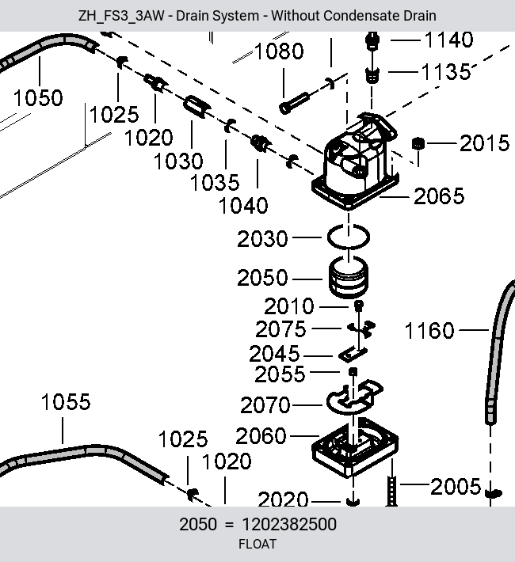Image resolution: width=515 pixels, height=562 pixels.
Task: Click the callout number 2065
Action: [x=439, y=196]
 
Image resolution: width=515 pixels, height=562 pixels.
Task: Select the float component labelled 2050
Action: [x=348, y=278]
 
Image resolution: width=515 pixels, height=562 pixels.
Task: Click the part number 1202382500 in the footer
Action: [x=289, y=524]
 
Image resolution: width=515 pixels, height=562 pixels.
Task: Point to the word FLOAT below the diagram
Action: [x=257, y=544]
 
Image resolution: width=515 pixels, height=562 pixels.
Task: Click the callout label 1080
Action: [x=279, y=51]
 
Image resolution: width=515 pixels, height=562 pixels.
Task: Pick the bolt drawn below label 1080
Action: [x=294, y=103]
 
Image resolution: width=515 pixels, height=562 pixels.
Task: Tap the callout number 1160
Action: [x=429, y=330]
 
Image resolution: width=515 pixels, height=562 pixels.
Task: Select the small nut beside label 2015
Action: [x=418, y=143]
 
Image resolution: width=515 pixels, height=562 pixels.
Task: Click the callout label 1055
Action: [x=66, y=401]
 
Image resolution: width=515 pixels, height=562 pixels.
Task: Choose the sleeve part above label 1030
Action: [x=195, y=106]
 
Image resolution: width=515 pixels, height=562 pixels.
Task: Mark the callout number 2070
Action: [x=265, y=405]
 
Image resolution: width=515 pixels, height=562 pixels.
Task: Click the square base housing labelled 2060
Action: [x=355, y=448]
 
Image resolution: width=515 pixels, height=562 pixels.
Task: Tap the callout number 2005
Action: [x=455, y=486]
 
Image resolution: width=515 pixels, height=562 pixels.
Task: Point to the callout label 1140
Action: [x=448, y=40]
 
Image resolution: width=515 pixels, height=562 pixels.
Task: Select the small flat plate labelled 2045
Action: [x=353, y=354]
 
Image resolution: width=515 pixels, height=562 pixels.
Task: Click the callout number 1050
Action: [x=38, y=98]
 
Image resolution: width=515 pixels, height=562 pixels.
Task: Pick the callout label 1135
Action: [x=446, y=72]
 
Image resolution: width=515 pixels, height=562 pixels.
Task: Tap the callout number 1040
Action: [x=243, y=206]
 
